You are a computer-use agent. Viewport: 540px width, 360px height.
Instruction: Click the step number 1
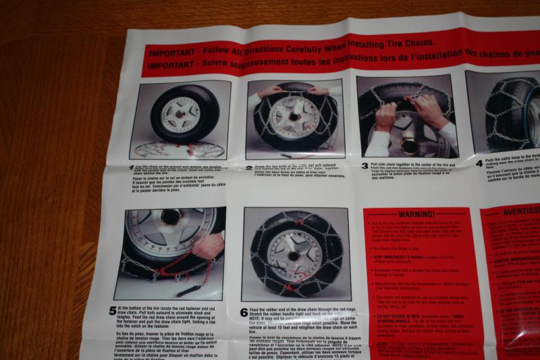point(131,166)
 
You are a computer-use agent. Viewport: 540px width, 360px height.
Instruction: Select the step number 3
point(364,165)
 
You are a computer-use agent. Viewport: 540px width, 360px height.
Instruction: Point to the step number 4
point(479,163)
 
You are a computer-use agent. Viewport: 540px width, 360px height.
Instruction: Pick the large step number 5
point(112,311)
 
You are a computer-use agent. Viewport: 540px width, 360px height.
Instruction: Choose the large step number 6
point(244,313)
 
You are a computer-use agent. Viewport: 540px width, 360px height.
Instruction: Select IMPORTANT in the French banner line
point(172,68)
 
